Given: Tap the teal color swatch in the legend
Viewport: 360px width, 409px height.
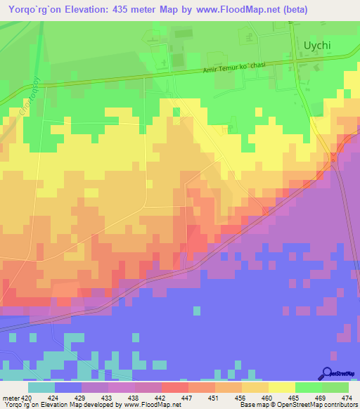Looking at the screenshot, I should point(41,388).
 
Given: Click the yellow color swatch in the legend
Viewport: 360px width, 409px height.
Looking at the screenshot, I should point(282,388).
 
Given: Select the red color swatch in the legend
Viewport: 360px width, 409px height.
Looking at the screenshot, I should point(175,388).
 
